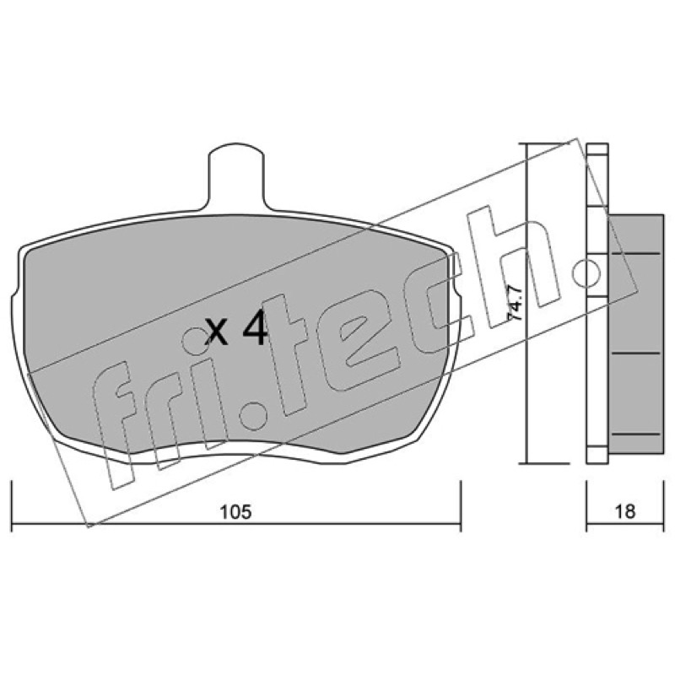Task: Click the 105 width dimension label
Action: [235, 512]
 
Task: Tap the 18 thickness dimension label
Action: [624, 512]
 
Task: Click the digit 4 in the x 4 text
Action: [256, 329]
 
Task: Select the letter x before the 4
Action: [216, 332]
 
